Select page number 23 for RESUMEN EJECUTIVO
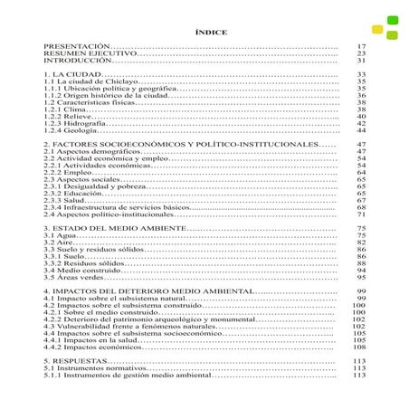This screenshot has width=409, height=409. pos(360,52)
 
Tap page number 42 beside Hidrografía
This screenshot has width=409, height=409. pos(360,123)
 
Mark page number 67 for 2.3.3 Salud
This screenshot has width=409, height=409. pos(360,201)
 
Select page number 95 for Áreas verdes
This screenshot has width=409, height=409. pos(360,278)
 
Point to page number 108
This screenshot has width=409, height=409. pos(358,347)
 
